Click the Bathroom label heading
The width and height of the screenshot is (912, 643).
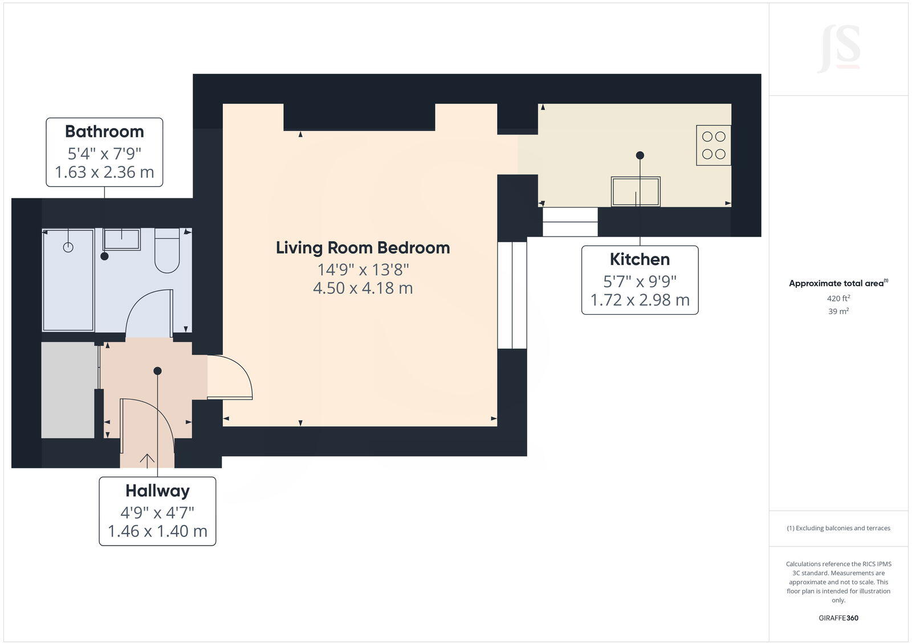pyautogui.click(x=104, y=132)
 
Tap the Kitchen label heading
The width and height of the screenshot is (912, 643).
pyautogui.click(x=640, y=259)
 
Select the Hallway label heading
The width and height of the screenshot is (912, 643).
pyautogui.click(x=157, y=491)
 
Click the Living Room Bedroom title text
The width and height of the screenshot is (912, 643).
pyautogui.click(x=363, y=248)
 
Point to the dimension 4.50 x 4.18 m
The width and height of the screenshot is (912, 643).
pyautogui.click(x=363, y=288)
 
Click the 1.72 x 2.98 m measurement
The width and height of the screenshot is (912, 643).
pyautogui.click(x=640, y=300)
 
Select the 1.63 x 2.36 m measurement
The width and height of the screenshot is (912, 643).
pyautogui.click(x=104, y=172)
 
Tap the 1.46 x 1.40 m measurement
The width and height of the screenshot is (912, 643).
pyautogui.click(x=157, y=531)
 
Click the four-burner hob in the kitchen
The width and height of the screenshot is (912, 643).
pyautogui.click(x=714, y=145)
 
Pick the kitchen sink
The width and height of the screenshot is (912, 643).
pyautogui.click(x=636, y=192)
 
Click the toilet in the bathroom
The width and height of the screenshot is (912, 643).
pyautogui.click(x=167, y=251)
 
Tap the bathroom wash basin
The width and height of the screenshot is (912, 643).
pyautogui.click(x=121, y=239)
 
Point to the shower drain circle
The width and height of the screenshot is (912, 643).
pyautogui.click(x=68, y=247)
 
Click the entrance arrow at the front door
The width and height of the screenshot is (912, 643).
pyautogui.click(x=147, y=459)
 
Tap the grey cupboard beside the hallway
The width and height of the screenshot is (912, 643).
pyautogui.click(x=68, y=390)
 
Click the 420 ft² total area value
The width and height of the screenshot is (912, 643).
pyautogui.click(x=838, y=298)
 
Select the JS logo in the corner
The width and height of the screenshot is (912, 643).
pyautogui.click(x=838, y=50)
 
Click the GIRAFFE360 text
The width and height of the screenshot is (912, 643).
pyautogui.click(x=838, y=618)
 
